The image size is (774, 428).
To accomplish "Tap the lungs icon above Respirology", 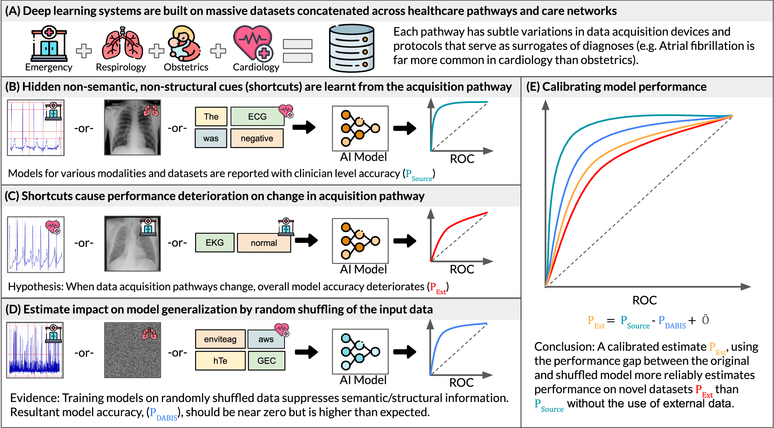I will pyautogui.click(x=122, y=44).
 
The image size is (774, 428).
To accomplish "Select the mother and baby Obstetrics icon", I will pyautogui.click(x=184, y=44).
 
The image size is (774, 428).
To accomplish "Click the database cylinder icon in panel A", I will pyautogui.click(x=351, y=48).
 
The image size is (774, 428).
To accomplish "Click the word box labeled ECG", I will pyautogui.click(x=257, y=117).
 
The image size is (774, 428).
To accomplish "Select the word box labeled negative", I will pyautogui.click(x=257, y=138).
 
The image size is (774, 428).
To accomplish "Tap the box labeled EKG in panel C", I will pyautogui.click(x=214, y=242).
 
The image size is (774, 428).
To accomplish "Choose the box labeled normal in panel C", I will pyautogui.click(x=264, y=243).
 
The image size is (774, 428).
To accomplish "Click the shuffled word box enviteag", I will pyautogui.click(x=220, y=339).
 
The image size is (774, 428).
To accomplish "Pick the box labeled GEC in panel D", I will pyautogui.click(x=266, y=361).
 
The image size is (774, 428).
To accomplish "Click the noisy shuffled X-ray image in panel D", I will pyautogui.click(x=132, y=350).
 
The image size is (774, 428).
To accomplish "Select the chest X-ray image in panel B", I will pyautogui.click(x=132, y=127).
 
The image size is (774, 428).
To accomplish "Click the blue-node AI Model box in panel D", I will pyautogui.click(x=360, y=351).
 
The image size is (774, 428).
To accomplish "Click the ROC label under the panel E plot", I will pyautogui.click(x=644, y=301).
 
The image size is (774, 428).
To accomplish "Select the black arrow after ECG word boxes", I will pyautogui.click(x=304, y=127).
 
